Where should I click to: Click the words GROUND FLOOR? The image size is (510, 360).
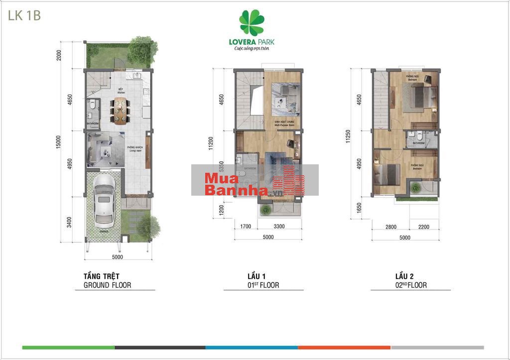coord(107,285)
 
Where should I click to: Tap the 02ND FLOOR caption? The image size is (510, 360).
coord(411,285)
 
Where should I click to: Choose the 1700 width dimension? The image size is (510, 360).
coord(246,227)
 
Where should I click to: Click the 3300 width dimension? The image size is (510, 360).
coord(279,227)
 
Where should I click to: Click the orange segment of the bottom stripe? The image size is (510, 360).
coord(344,347)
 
